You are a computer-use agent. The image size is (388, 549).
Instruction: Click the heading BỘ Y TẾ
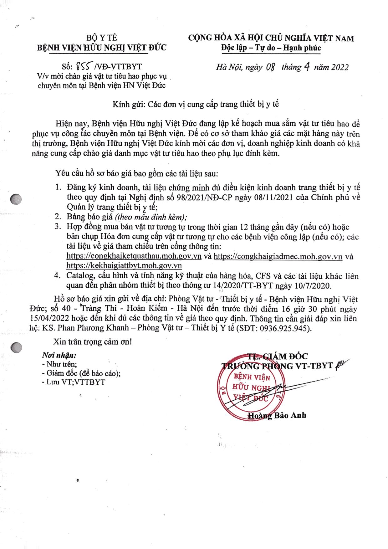pos(102,38)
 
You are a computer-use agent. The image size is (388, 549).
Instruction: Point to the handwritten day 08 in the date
pos(270,67)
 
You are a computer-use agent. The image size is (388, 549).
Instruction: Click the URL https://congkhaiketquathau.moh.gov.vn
pos(134,257)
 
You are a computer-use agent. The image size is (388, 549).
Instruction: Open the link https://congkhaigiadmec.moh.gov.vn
pos(278,257)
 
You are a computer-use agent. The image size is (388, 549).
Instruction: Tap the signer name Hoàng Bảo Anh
pos(277,415)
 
